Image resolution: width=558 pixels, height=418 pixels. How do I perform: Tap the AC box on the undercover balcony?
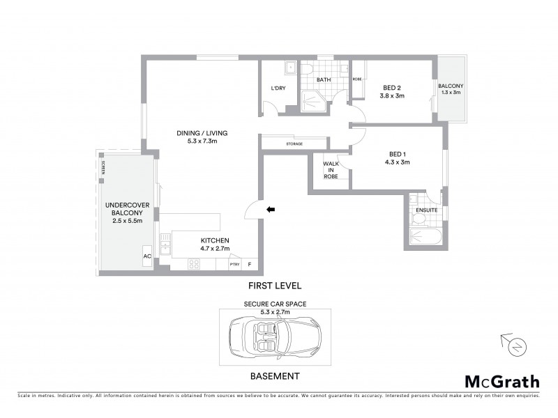pos(147,256)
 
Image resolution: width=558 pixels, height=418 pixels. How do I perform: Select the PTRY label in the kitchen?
pos(234,265)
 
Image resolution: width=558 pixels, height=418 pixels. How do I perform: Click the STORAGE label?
pos(294,144)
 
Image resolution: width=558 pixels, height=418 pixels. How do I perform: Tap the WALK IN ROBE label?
pos(331,170)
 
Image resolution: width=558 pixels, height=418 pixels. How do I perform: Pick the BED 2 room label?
pos(391,87)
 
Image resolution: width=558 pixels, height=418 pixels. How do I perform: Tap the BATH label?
pos(324,80)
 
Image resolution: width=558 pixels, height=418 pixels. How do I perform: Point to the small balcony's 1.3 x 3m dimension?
pos(450,93)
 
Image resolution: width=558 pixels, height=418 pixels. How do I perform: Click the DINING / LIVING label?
pos(203,132)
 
